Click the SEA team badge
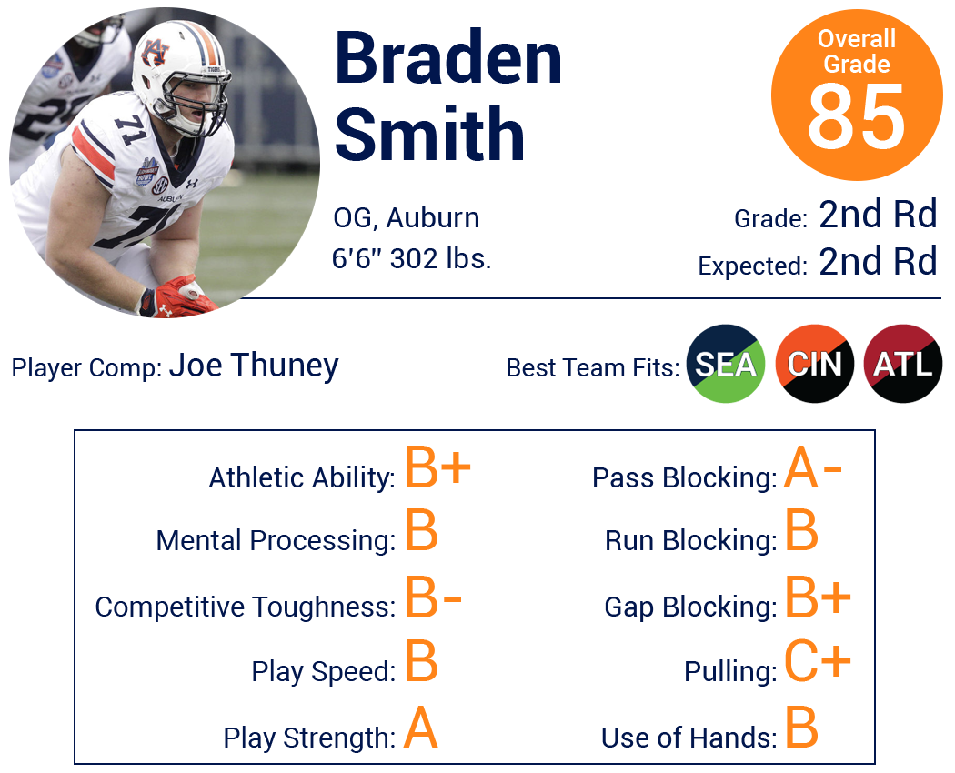(x=726, y=364)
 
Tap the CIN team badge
(x=814, y=364)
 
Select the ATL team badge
(x=903, y=364)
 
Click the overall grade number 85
(x=857, y=116)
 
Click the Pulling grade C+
(x=817, y=660)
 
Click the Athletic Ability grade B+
(x=437, y=467)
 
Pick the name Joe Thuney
(x=254, y=366)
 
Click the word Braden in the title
(x=448, y=58)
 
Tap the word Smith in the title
(x=429, y=133)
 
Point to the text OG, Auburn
(x=407, y=218)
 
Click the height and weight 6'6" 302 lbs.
(x=411, y=258)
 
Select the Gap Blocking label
(x=690, y=607)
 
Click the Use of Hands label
(x=689, y=737)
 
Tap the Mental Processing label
(x=276, y=541)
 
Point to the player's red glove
(x=178, y=297)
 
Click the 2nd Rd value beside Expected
(x=878, y=262)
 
